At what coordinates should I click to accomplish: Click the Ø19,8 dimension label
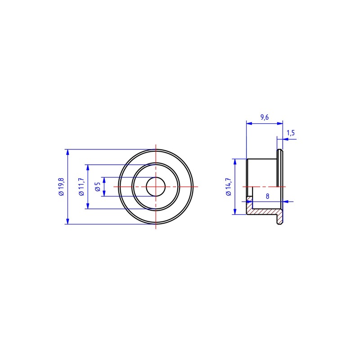point(62,187)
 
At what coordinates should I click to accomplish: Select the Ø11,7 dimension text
point(81,187)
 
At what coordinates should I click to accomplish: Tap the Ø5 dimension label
point(98,187)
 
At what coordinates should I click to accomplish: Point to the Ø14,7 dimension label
point(229,187)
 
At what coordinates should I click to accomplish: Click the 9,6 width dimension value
point(265,117)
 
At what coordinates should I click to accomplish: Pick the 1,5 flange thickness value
point(291,133)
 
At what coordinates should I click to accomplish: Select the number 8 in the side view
point(267,196)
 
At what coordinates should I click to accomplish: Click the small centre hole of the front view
point(156,187)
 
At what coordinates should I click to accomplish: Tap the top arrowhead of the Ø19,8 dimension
point(67,152)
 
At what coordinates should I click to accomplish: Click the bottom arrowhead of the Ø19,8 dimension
point(67,221)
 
